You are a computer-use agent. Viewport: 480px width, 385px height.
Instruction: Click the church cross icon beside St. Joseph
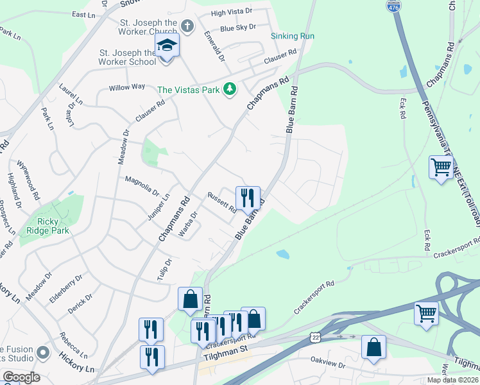pos(187,26)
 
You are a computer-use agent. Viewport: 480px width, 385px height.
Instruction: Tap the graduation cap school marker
pos(166,46)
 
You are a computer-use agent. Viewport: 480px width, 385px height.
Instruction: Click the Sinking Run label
pos(293,36)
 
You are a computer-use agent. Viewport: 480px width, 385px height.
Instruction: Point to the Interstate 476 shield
pos(394,6)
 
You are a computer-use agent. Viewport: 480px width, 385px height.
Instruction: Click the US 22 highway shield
pos(314,337)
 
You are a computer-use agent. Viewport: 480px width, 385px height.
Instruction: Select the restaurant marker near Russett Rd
pos(247,198)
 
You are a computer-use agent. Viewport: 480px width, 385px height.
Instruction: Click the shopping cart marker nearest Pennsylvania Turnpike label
pos(441,168)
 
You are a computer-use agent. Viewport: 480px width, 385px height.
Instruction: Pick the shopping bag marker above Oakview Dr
pos(373,347)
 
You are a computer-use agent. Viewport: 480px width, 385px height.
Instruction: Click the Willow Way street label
pos(126,87)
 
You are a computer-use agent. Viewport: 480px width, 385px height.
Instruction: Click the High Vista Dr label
pos(232,13)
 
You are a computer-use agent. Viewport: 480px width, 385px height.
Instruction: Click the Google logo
pos(21,377)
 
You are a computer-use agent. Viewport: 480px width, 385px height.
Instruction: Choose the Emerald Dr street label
pos(214,47)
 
